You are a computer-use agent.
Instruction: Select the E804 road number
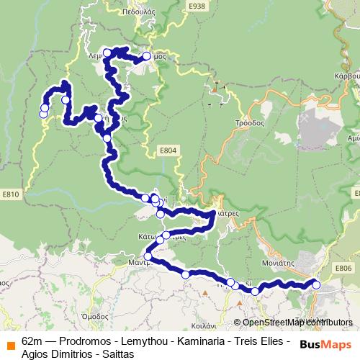click(167, 150)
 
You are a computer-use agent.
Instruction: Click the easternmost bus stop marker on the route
click(316, 284)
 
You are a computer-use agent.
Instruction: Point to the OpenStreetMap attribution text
click(296, 322)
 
